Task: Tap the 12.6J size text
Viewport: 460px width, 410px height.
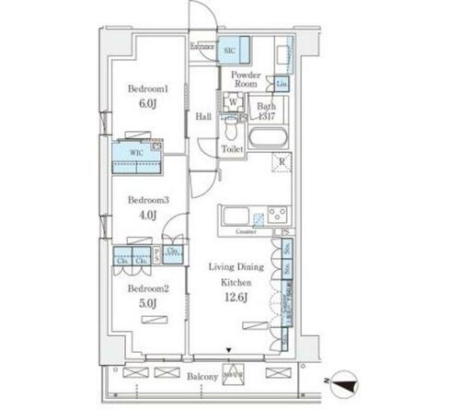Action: click(236, 296)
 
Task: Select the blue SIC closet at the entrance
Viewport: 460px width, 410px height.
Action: click(230, 52)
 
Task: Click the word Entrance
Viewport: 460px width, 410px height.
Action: click(202, 46)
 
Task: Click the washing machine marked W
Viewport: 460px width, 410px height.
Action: click(234, 104)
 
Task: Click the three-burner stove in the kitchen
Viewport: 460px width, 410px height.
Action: click(276, 216)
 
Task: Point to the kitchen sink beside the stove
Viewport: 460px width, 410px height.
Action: click(236, 217)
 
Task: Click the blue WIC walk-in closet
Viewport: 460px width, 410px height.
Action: click(137, 158)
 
